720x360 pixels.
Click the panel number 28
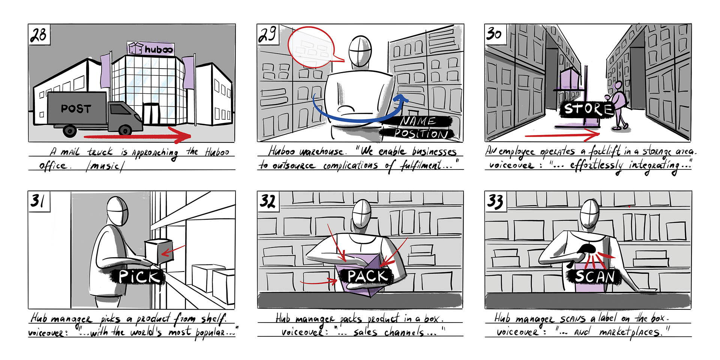(x=38, y=34)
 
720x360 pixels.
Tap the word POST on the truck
(x=76, y=109)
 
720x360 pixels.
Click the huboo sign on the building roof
(x=150, y=48)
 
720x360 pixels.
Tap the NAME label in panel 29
(x=418, y=121)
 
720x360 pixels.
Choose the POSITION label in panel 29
(x=420, y=133)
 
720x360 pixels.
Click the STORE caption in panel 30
(x=587, y=109)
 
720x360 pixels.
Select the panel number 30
(x=494, y=34)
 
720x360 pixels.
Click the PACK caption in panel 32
(x=367, y=276)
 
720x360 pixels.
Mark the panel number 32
(x=268, y=201)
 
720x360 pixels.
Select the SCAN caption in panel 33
(x=594, y=277)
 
